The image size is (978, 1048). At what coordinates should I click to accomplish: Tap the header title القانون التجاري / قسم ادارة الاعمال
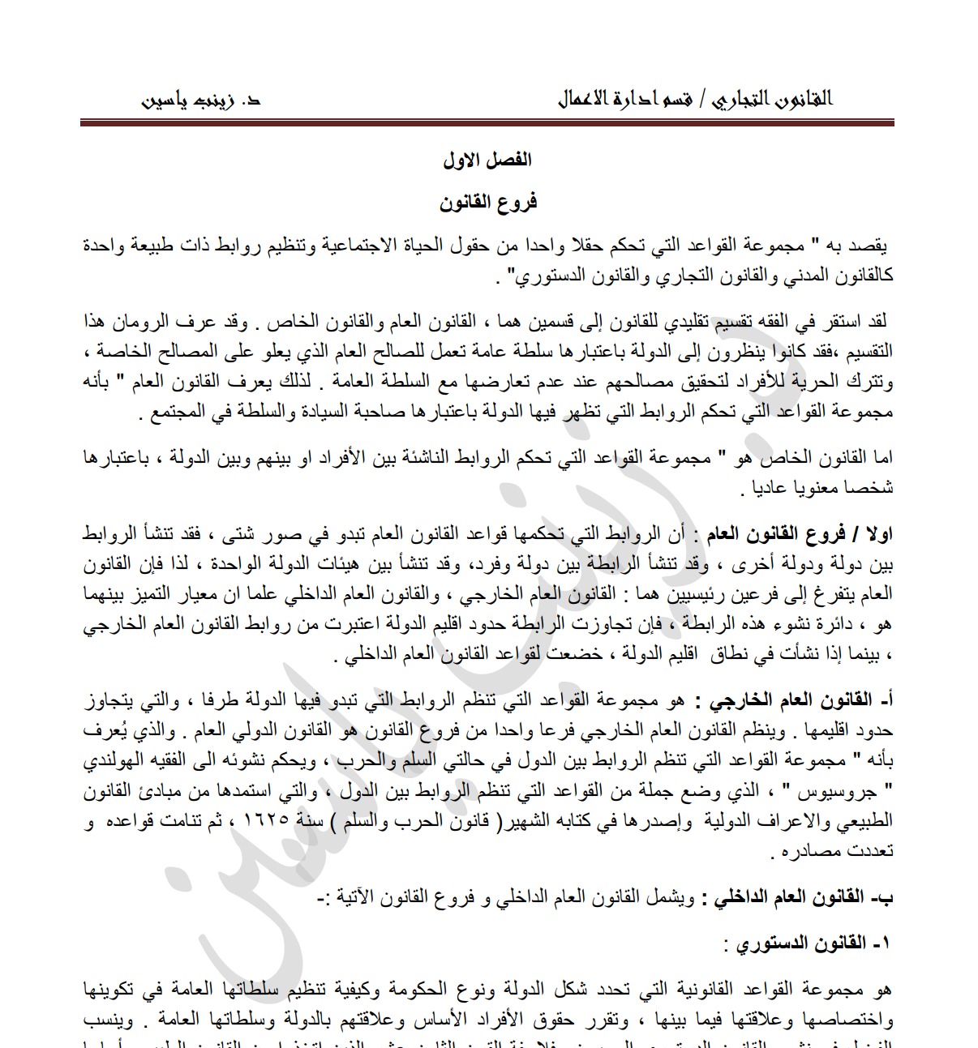pyautogui.click(x=695, y=100)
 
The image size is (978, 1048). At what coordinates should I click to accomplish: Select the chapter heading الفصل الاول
pyautogui.click(x=487, y=160)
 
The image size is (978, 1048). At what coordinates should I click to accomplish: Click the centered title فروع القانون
pyautogui.click(x=488, y=203)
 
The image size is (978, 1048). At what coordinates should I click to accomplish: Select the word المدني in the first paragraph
pyautogui.click(x=758, y=276)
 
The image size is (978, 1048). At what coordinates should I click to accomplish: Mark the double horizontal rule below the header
pyautogui.click(x=487, y=123)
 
